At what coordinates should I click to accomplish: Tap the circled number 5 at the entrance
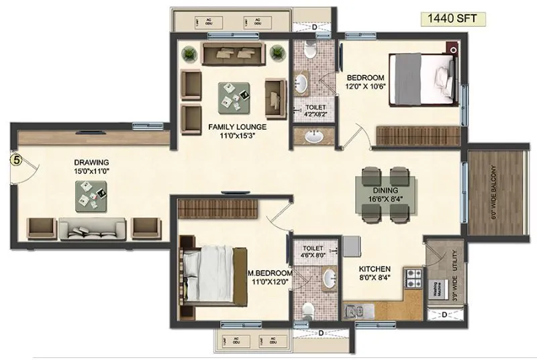coord(15,160)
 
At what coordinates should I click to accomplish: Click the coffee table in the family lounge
coord(234,97)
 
